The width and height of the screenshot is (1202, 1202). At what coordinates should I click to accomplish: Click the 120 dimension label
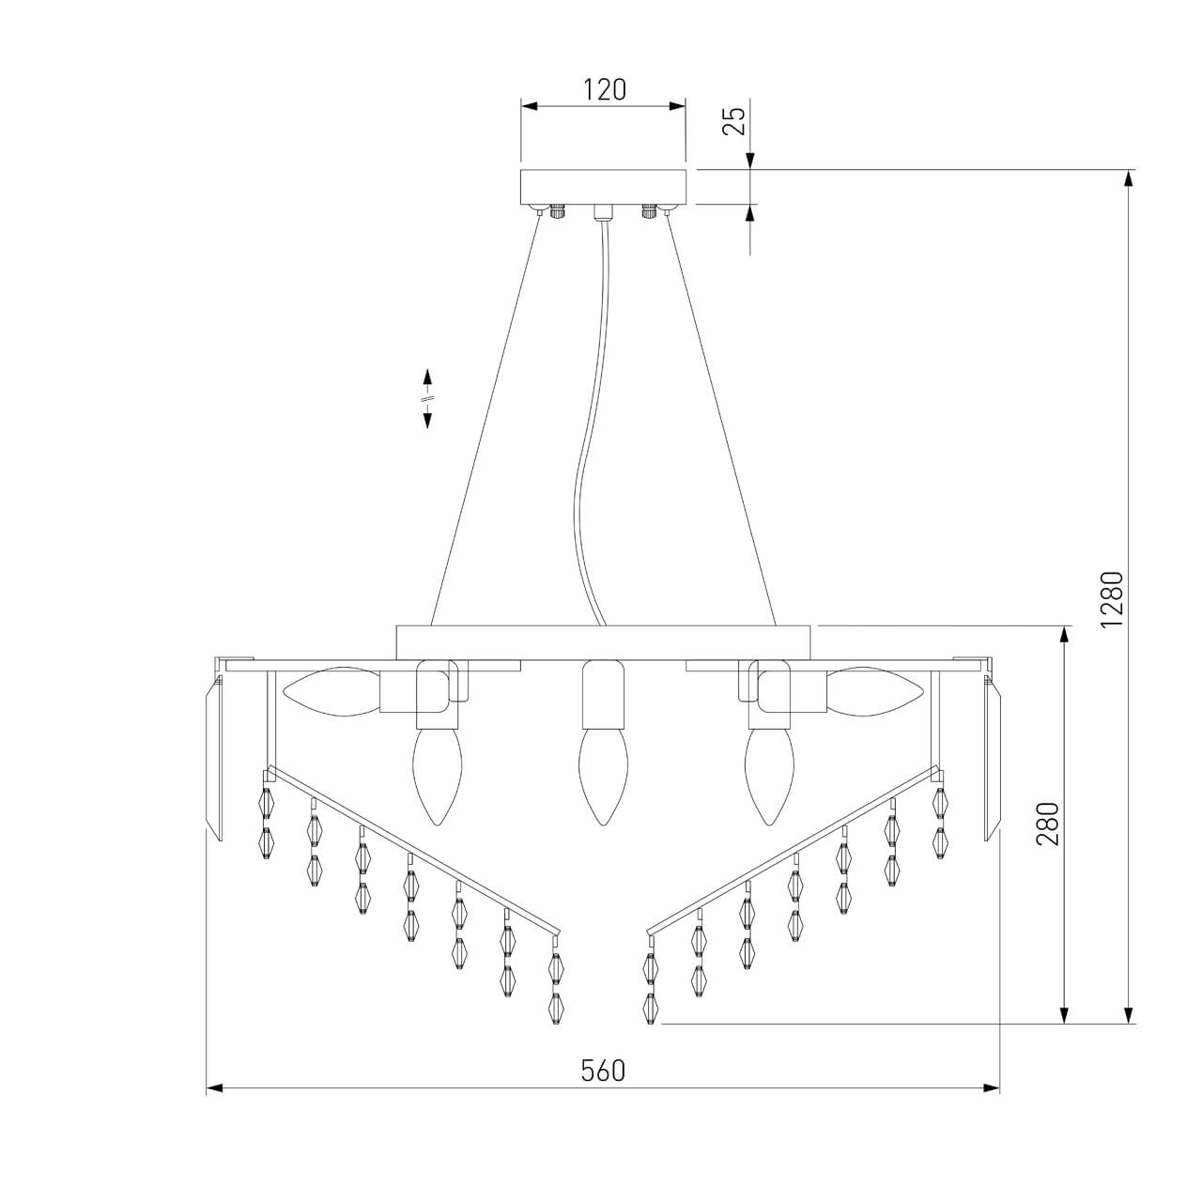coord(604,90)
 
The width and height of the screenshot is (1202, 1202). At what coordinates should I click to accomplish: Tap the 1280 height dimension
coord(1112,599)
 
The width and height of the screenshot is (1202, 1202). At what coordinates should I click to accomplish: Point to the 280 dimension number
coord(1048,824)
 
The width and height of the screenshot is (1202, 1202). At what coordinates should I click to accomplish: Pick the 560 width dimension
coord(602,1071)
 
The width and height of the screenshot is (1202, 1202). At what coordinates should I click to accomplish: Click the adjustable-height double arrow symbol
coord(427,399)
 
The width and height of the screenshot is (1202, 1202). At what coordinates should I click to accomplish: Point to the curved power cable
coord(591,470)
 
